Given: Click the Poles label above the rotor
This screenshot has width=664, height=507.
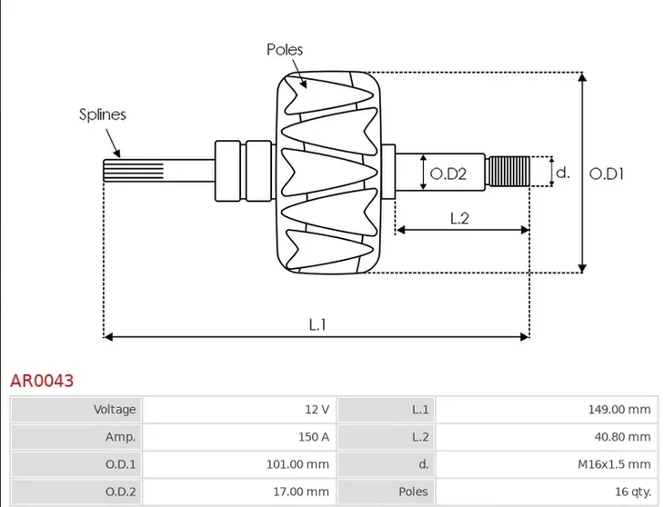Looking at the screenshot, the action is [285, 50].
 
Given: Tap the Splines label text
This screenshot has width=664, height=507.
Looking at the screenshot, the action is [103, 114].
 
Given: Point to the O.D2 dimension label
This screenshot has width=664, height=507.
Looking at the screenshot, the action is [448, 174].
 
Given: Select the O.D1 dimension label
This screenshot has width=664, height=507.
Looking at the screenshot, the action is [607, 174].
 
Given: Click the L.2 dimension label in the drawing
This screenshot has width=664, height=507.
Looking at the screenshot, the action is [459, 218].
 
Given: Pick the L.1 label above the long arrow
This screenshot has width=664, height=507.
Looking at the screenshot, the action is [317, 324].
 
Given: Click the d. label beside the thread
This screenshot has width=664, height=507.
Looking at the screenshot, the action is [563, 172].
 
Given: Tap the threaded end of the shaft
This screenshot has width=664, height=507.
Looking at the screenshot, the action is [508, 171].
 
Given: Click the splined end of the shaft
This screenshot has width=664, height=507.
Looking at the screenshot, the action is [134, 171].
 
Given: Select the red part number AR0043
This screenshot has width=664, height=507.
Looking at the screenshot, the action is [42, 381].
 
